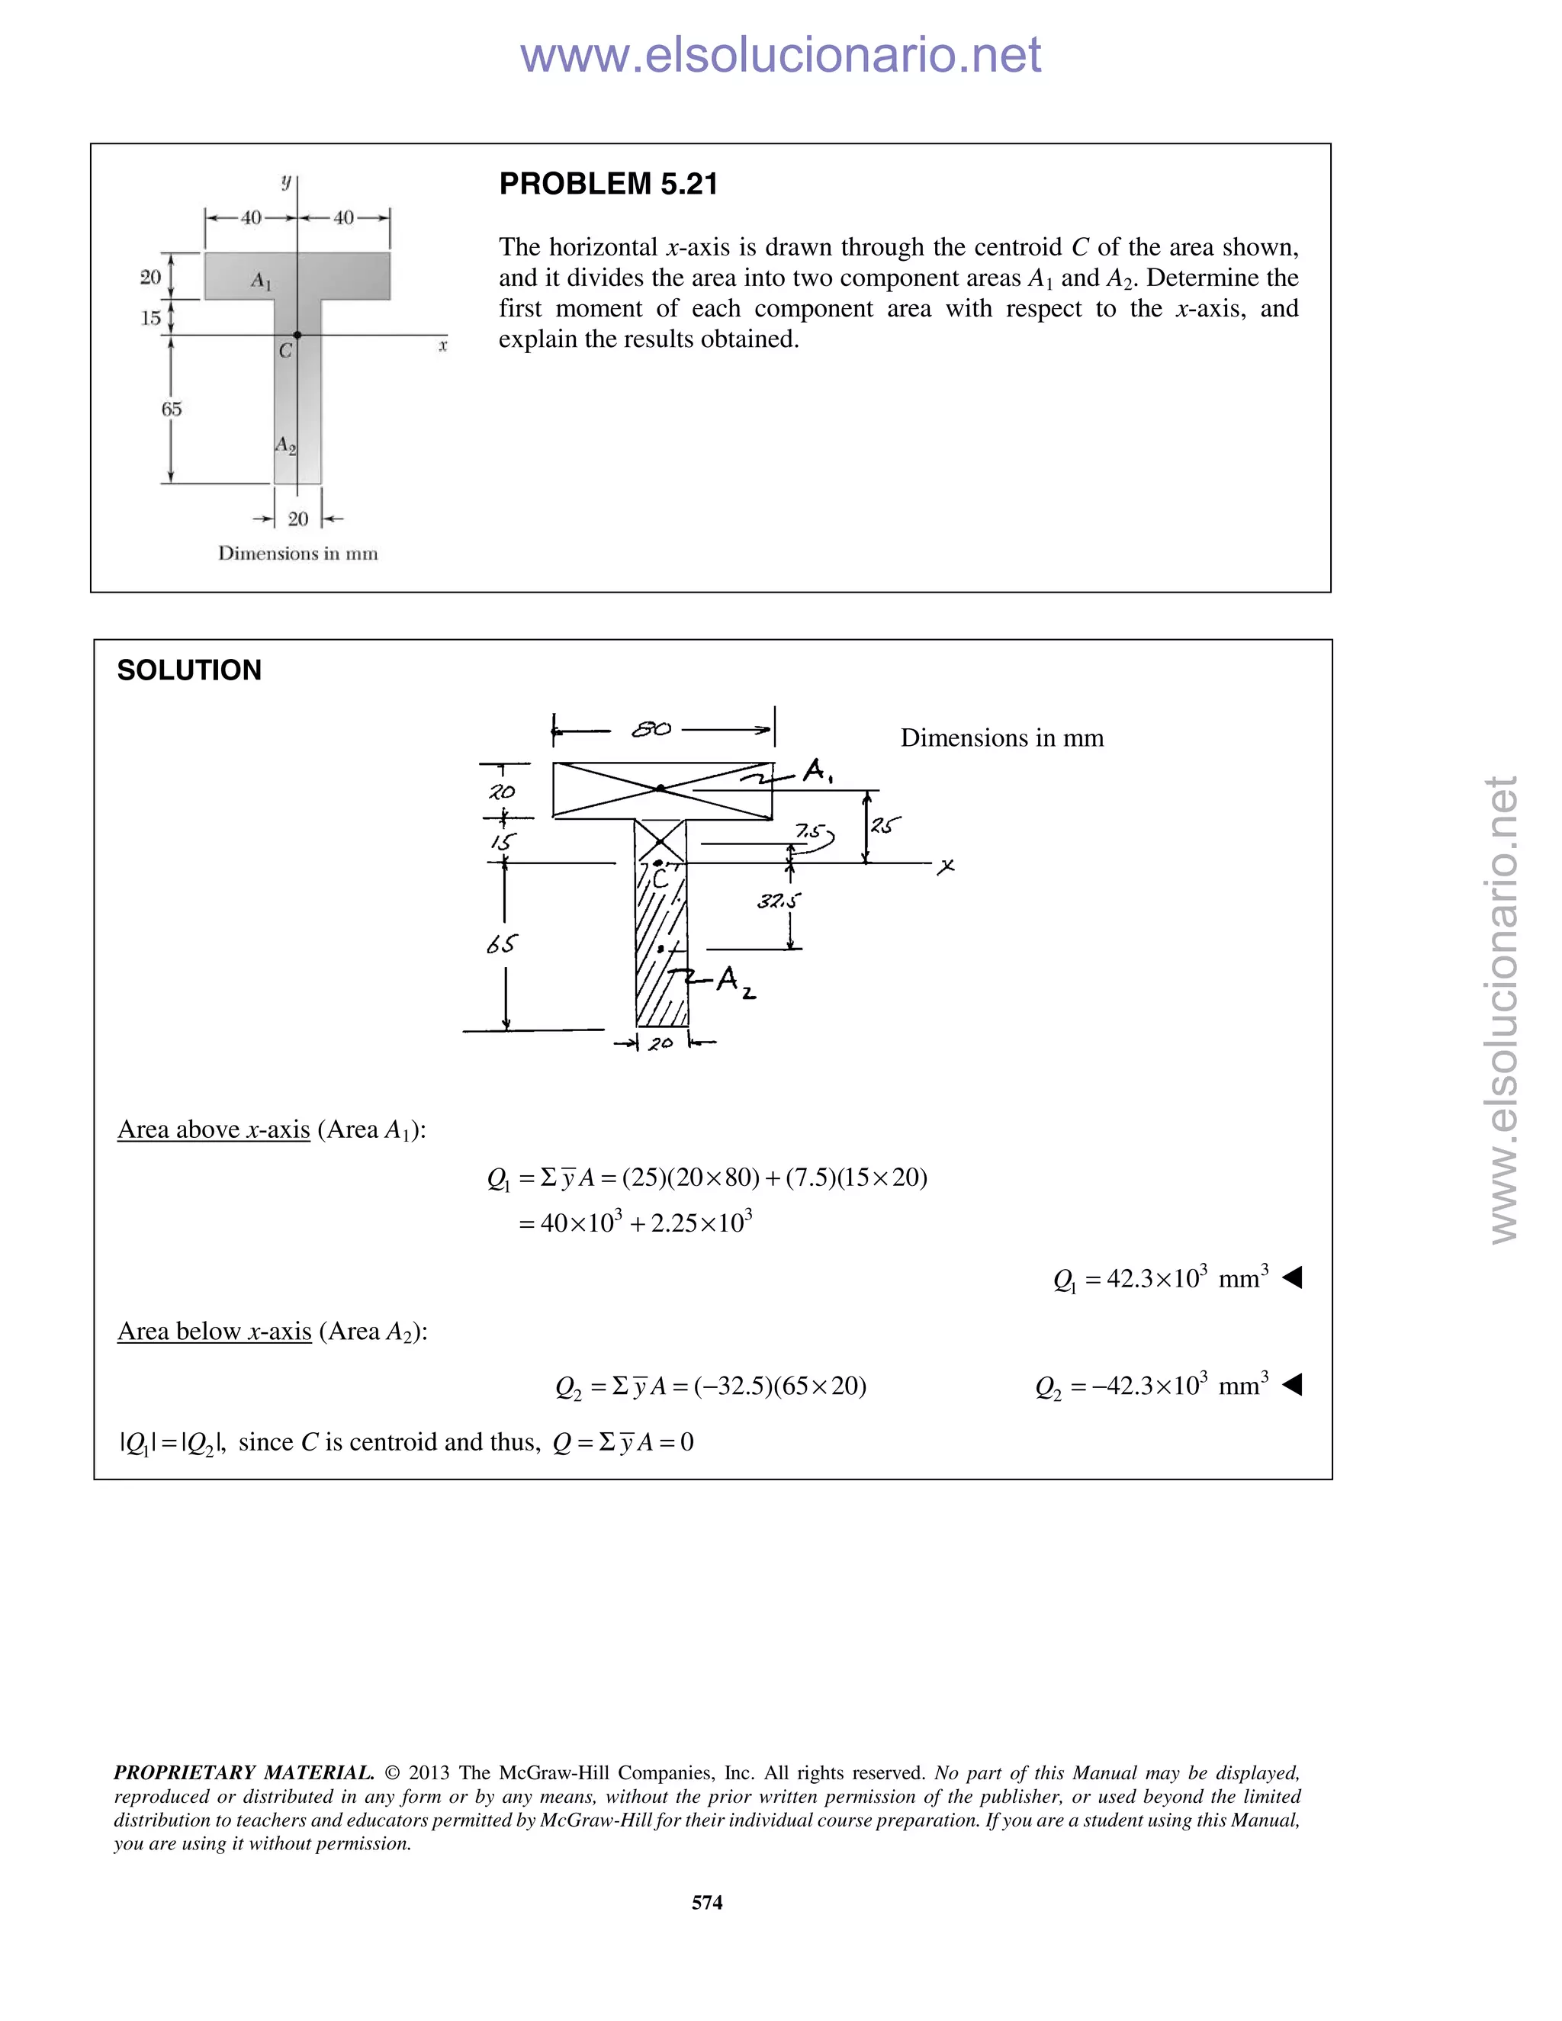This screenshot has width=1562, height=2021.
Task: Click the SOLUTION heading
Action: pyautogui.click(x=189, y=670)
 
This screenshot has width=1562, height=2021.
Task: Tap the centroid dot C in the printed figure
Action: pyautogui.click(x=297, y=335)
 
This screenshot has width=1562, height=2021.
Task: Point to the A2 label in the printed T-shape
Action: pyautogui.click(x=285, y=445)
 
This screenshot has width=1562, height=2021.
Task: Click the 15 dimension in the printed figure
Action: pyautogui.click(x=150, y=318)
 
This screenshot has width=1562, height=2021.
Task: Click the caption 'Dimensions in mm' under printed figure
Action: pyautogui.click(x=298, y=554)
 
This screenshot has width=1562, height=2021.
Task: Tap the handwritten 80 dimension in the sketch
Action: pyautogui.click(x=651, y=729)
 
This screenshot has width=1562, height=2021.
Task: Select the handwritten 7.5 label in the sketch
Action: pyautogui.click(x=808, y=832)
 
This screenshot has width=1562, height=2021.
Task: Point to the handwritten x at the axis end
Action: pyautogui.click(x=946, y=867)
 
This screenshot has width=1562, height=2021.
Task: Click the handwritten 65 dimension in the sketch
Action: pyautogui.click(x=502, y=944)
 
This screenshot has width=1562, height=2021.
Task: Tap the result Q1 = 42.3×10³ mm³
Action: pyautogui.click(x=1160, y=1279)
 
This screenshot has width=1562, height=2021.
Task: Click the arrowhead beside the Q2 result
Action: pyautogui.click(x=1293, y=1385)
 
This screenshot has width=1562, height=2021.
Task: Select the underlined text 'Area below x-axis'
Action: pyautogui.click(x=214, y=1332)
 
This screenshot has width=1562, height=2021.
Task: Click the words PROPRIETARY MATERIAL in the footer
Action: pyautogui.click(x=243, y=1773)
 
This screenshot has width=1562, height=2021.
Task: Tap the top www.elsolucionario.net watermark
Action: pyautogui.click(x=780, y=55)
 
